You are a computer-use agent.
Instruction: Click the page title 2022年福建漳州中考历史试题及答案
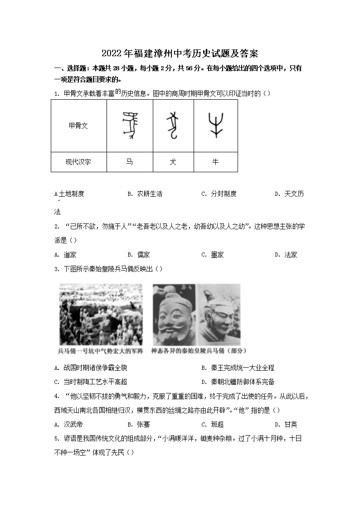pyautogui.click(x=180, y=53)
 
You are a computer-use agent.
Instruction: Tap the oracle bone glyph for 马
pyautogui.click(x=130, y=126)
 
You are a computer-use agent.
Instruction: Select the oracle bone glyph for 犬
pyautogui.click(x=173, y=126)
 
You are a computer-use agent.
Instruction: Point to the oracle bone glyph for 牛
pyautogui.click(x=215, y=126)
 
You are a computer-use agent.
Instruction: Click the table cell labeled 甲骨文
pyautogui.click(x=78, y=126)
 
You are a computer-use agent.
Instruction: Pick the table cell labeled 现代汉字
pyautogui.click(x=78, y=162)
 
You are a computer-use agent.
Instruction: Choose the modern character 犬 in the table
pyautogui.click(x=173, y=162)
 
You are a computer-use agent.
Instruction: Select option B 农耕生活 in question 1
pyautogui.click(x=145, y=194)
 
